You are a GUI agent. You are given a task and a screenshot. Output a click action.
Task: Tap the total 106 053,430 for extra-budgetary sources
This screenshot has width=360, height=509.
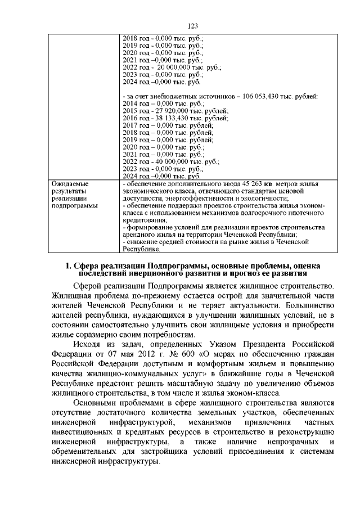[264, 97]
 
